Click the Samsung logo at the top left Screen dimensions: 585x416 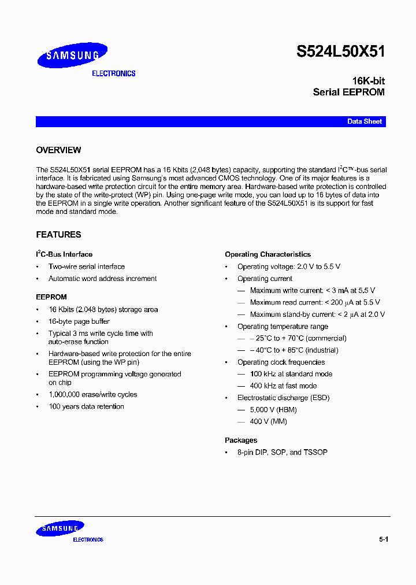click(x=72, y=55)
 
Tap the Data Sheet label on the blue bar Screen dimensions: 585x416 click(x=364, y=122)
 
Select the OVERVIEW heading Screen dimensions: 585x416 click(x=58, y=150)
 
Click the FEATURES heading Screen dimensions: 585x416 click(x=58, y=235)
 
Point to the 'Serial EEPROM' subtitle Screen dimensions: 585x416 click(x=348, y=92)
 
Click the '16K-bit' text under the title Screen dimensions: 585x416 click(x=368, y=81)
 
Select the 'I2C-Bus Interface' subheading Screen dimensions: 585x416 click(x=64, y=254)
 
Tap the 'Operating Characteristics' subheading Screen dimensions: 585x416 click(x=268, y=254)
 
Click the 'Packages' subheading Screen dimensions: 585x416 click(x=241, y=440)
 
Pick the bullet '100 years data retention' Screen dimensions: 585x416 click(x=86, y=406)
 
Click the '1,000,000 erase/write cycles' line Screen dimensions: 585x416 click(x=92, y=395)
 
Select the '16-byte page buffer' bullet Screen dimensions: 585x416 click(x=79, y=321)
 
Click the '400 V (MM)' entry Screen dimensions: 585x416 click(x=268, y=421)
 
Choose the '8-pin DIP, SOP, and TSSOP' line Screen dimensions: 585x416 click(x=282, y=452)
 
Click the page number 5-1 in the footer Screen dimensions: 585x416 click(x=384, y=539)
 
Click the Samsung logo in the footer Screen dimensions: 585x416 click(x=60, y=529)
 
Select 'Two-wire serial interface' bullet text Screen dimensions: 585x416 click(x=86, y=266)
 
